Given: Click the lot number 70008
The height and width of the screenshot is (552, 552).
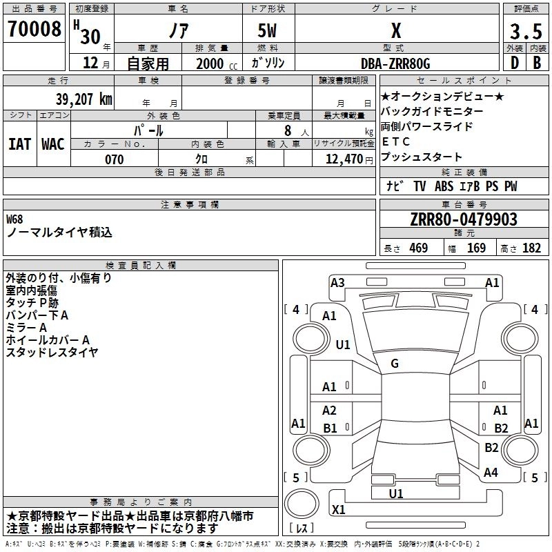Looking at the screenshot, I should pos(34,30).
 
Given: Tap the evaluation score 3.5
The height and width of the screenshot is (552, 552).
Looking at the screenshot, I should pos(525,32).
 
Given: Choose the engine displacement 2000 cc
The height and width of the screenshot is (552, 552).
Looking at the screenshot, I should pos(210,64).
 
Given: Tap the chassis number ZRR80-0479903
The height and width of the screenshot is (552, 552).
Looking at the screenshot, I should pos(464,219).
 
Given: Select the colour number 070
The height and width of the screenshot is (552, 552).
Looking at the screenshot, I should pos(114,159).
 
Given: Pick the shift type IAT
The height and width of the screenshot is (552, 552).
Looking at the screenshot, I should pos(19,144).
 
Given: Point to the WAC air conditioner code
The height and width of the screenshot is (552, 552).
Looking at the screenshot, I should pos(53,144).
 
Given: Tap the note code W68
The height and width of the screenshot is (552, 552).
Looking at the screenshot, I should pos(14,219).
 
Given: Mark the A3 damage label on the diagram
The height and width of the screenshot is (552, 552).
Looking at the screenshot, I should pos(337,282).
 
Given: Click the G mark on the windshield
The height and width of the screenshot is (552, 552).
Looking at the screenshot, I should pos(395,364).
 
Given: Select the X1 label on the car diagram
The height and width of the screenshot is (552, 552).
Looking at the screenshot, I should pos(339,509).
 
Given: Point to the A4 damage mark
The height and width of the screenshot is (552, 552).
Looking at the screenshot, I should pos(491,473).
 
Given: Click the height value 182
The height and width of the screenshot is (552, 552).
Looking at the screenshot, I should pos(532,248).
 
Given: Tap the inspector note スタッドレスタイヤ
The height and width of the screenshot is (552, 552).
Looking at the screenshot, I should pos(52,352).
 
